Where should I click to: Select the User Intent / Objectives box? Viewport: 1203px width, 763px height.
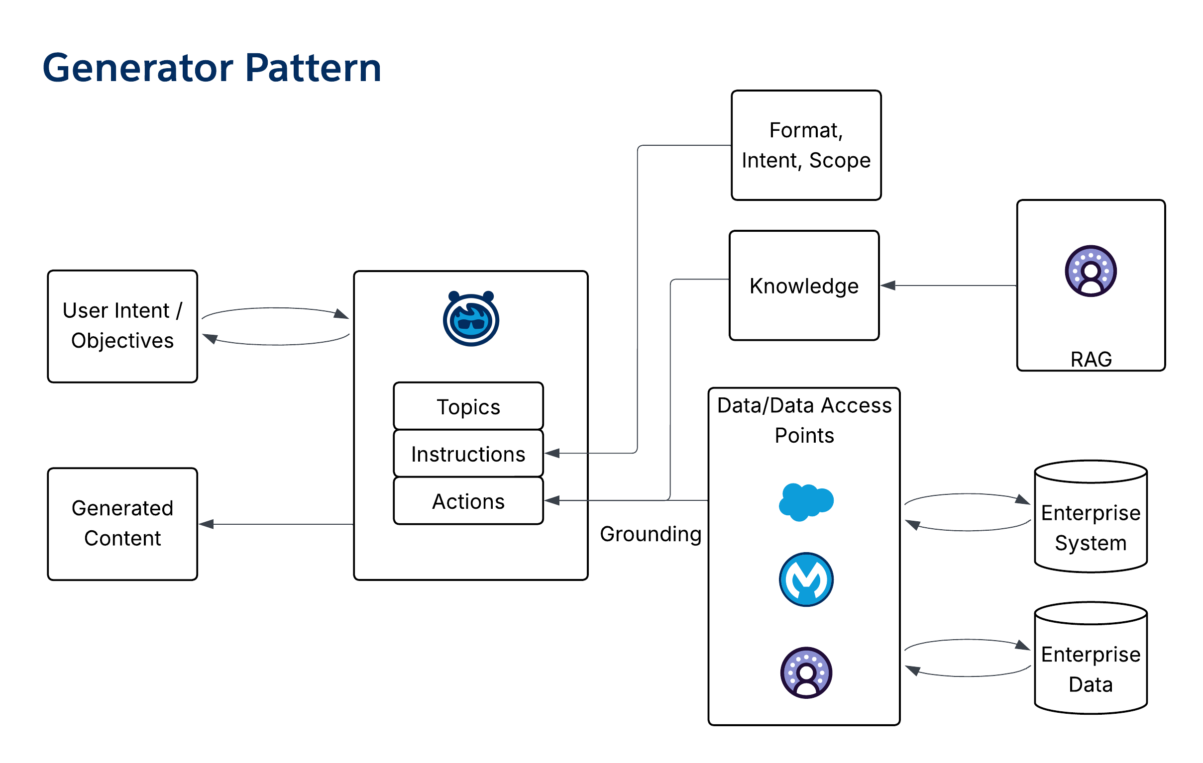[x=122, y=326]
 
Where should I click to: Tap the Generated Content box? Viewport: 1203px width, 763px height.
[x=122, y=523]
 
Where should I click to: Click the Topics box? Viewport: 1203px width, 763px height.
[x=468, y=406]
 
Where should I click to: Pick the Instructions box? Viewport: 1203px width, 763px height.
[x=468, y=454]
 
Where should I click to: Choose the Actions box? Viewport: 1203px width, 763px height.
[x=468, y=501]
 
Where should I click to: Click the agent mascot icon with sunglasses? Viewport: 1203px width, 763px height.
[x=471, y=319]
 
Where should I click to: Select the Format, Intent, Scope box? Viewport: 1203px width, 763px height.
[x=806, y=145]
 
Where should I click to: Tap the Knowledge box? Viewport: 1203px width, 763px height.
[x=804, y=286]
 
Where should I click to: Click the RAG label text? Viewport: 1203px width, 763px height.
[x=1091, y=359]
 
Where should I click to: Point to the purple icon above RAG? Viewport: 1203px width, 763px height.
[x=1091, y=271]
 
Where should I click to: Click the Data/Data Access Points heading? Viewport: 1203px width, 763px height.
[x=804, y=420]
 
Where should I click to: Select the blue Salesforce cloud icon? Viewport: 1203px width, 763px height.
[x=806, y=501]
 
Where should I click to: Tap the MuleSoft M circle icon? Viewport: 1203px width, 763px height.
[x=806, y=579]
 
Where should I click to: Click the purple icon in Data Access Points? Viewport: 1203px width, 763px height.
[x=806, y=672]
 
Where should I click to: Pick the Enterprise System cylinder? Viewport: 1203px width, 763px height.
[x=1091, y=517]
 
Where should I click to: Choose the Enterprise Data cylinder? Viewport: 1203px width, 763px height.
[x=1091, y=658]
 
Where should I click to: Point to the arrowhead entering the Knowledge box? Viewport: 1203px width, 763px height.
[x=887, y=286]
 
